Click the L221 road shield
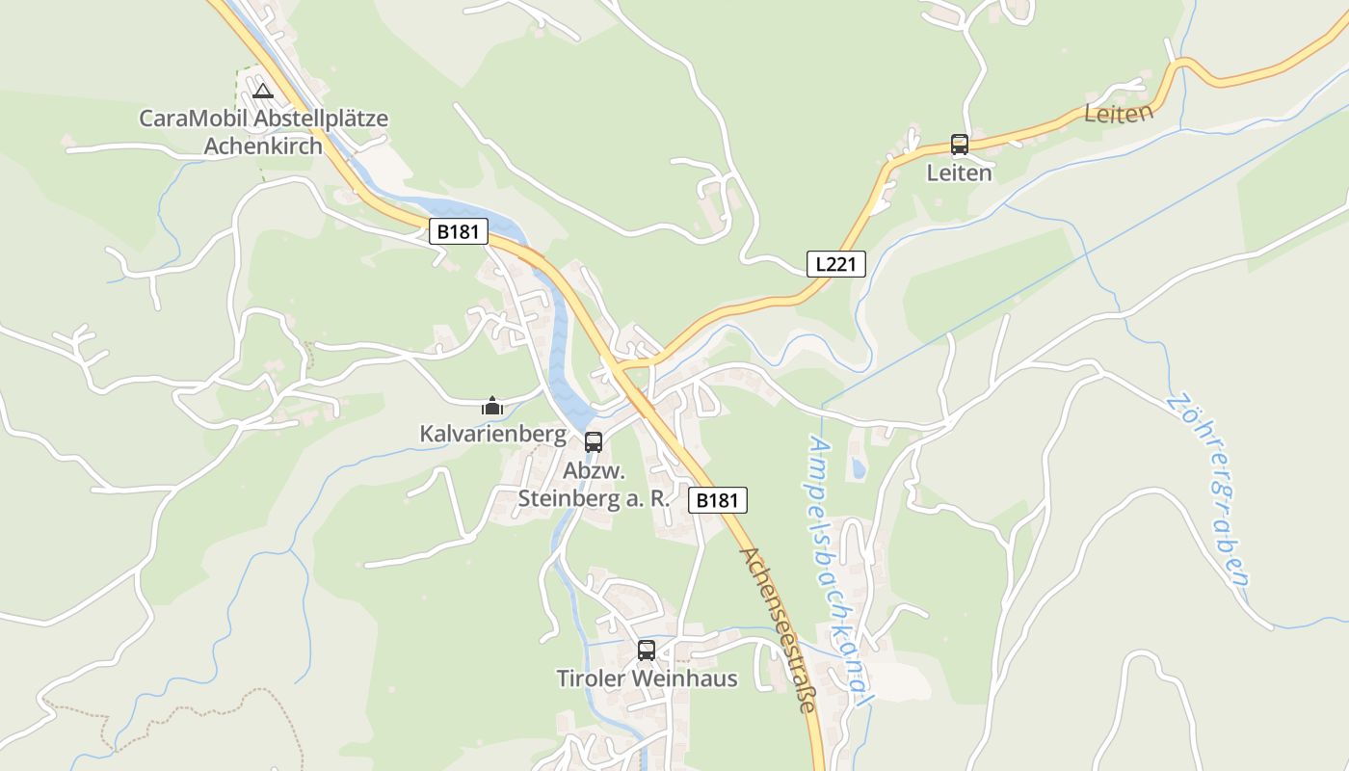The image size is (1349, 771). point(835,264)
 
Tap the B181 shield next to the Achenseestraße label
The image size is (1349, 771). point(718,500)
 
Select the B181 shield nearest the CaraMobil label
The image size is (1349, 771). point(460,231)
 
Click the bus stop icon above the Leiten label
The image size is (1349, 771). point(959,145)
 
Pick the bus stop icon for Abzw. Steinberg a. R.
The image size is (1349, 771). point(594,442)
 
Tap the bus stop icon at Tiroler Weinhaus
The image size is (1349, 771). point(646,651)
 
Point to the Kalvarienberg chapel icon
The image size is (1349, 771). point(492,407)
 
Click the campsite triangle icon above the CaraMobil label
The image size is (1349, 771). point(262,92)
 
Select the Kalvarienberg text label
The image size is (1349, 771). point(492,435)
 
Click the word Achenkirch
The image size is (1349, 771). point(264,146)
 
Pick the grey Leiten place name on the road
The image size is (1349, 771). point(1118,113)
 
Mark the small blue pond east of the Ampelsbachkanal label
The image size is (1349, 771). point(858,469)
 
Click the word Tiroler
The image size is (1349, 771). point(592,678)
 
